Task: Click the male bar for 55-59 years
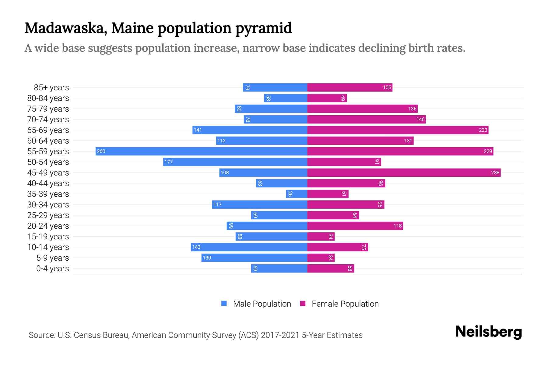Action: tap(201, 151)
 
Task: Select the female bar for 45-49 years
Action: tap(404, 172)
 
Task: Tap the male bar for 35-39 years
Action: tap(297, 194)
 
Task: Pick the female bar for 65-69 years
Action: tap(398, 130)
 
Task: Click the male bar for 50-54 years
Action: tap(235, 162)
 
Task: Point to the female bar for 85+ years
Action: tap(350, 87)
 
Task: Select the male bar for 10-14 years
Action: tap(249, 247)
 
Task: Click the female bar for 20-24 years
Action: tap(355, 226)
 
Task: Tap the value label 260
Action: tap(101, 151)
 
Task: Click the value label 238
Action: tap(495, 172)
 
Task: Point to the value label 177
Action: tap(168, 162)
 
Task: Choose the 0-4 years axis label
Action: tap(52, 269)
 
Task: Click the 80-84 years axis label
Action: tap(48, 98)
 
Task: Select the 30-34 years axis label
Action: tap(48, 205)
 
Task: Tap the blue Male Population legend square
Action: tap(224, 304)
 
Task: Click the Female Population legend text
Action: tap(345, 304)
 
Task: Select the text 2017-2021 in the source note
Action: tap(280, 335)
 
